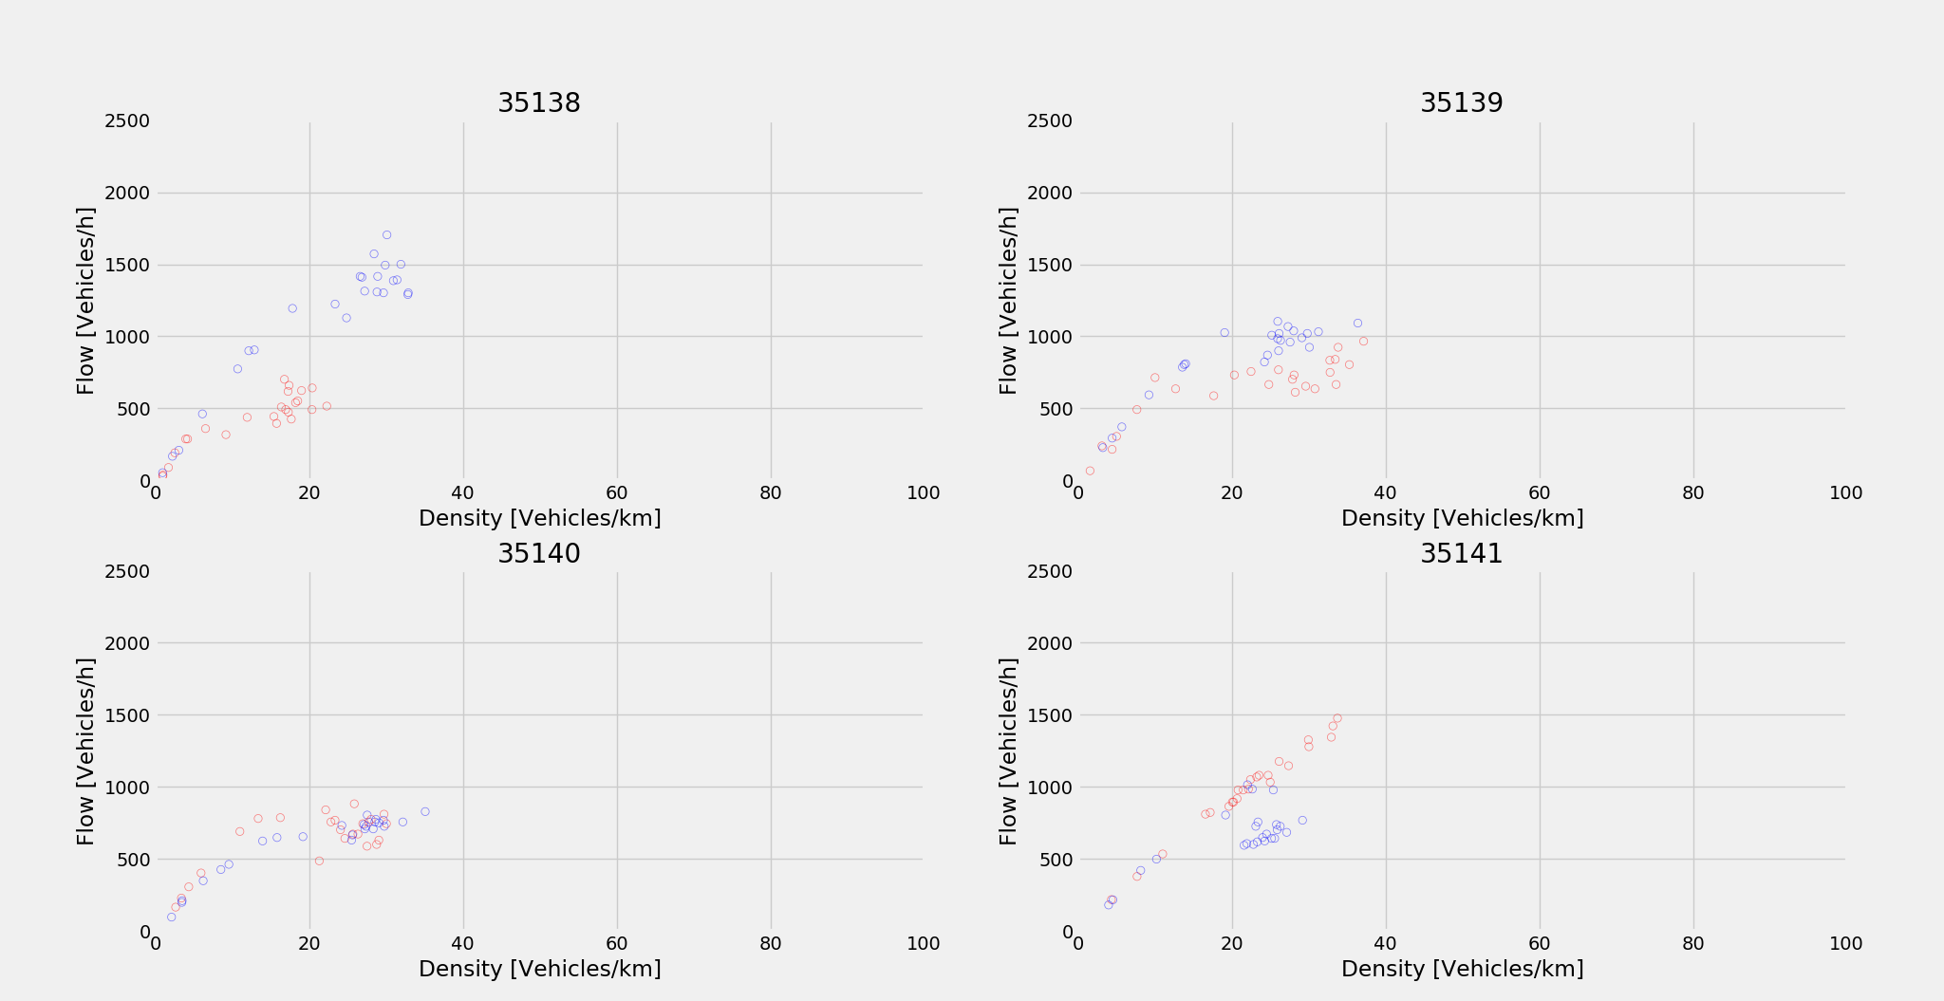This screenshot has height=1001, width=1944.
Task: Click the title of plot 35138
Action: tap(538, 103)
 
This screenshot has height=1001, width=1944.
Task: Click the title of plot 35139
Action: tap(1461, 103)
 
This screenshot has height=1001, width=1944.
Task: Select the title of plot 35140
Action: tap(538, 554)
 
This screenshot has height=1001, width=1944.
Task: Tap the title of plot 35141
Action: tap(1461, 554)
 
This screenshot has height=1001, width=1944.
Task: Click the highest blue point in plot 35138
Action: tap(386, 235)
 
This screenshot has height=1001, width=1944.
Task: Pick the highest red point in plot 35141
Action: tap(1337, 718)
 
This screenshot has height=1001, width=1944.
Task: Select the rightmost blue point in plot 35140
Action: tap(425, 811)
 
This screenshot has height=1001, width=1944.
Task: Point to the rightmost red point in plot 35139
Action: tap(1363, 342)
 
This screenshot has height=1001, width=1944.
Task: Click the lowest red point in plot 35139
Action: tap(1090, 471)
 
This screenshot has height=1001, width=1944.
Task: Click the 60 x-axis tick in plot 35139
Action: tap(1539, 493)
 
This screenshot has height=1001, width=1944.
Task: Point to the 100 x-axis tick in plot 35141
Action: tap(1845, 944)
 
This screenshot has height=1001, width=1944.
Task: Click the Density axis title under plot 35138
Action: tap(539, 518)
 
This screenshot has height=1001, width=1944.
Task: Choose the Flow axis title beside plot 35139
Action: tap(1008, 301)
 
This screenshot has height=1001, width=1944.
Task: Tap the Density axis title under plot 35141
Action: tap(1462, 969)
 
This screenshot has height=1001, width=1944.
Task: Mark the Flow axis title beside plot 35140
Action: tap(86, 751)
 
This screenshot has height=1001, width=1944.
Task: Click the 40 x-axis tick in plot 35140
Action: tap(463, 944)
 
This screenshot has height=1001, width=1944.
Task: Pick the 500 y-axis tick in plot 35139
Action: tap(1054, 409)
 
